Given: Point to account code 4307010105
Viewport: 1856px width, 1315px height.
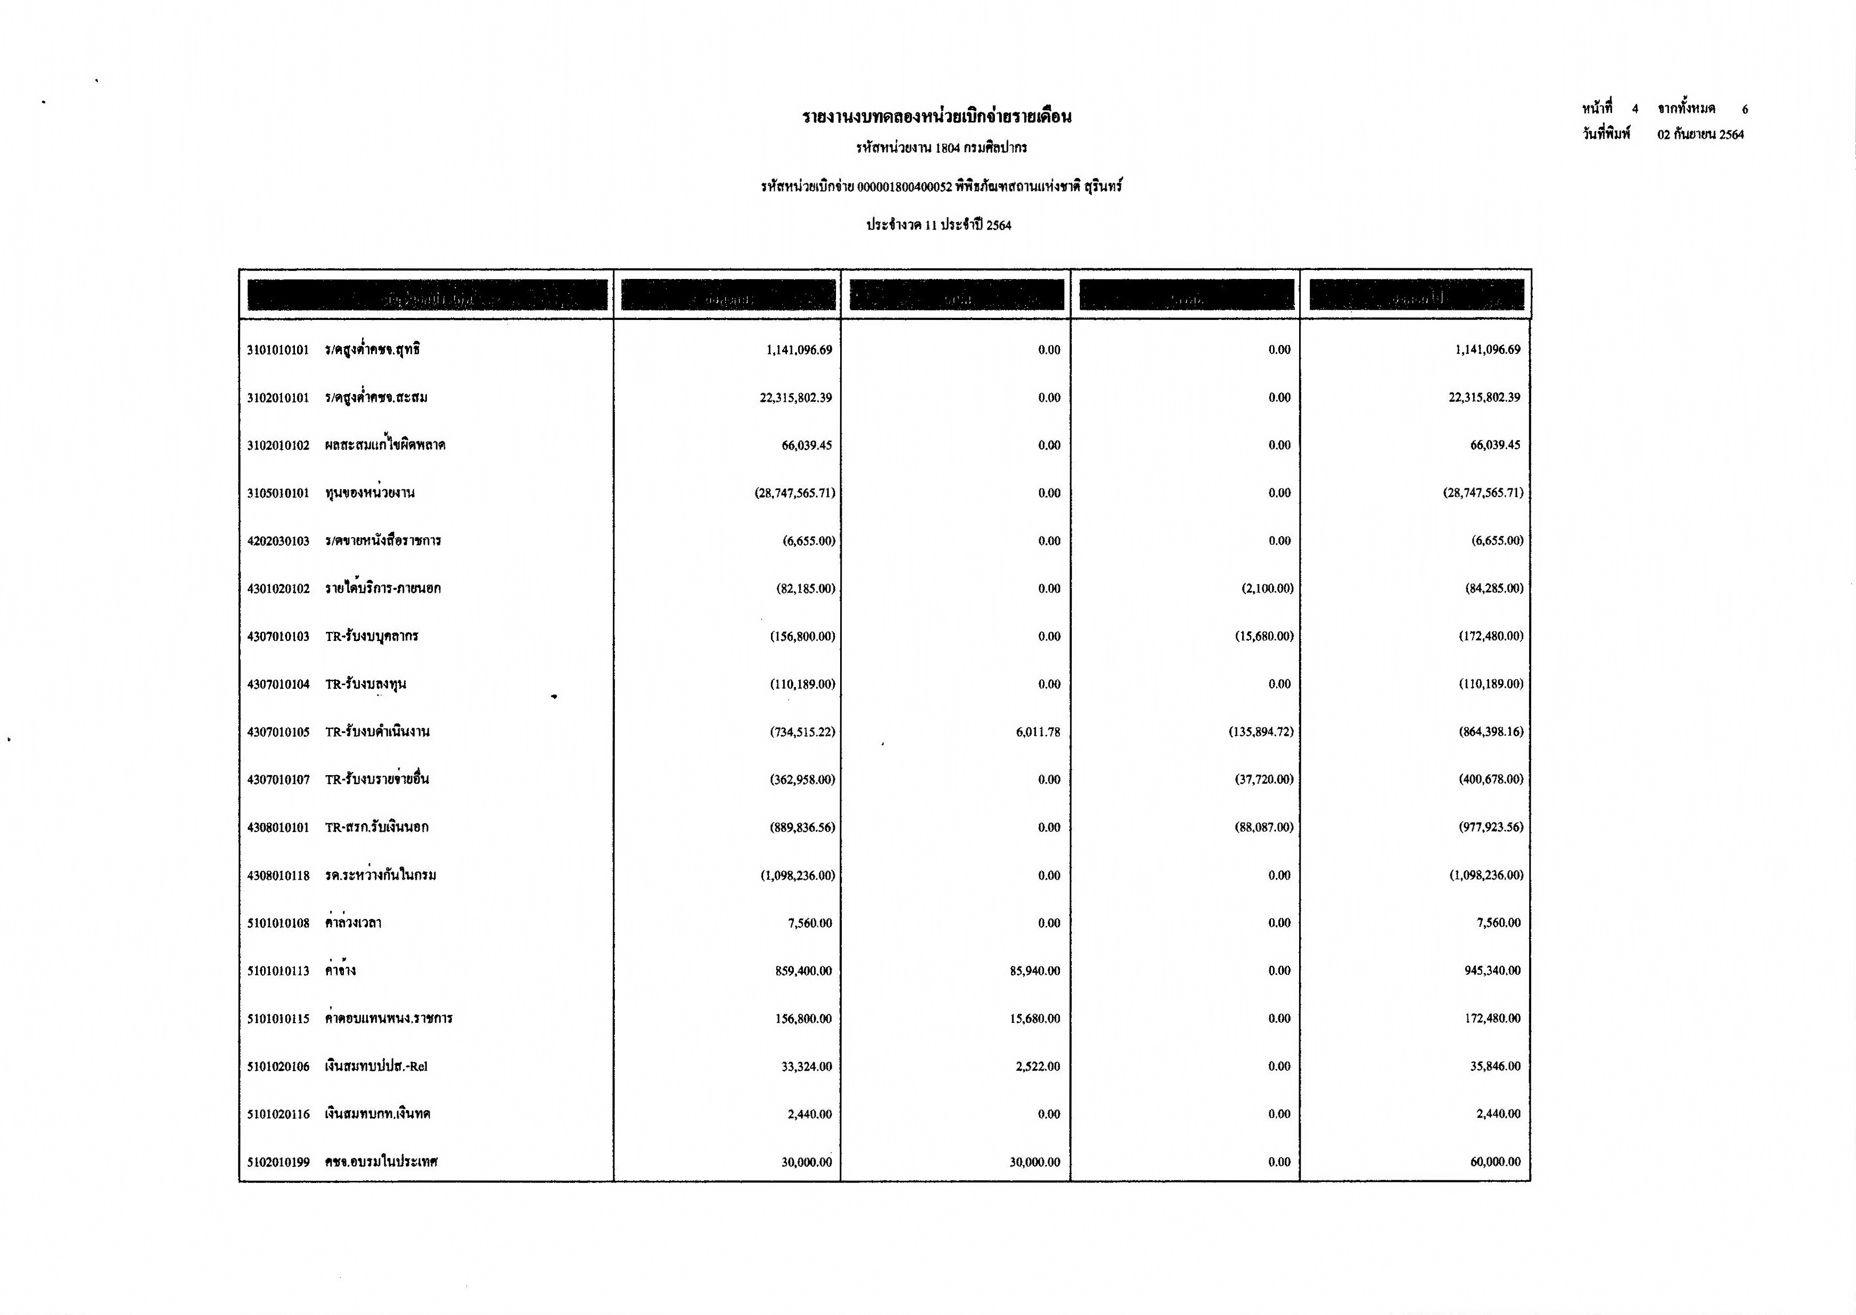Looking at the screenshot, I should point(278,733).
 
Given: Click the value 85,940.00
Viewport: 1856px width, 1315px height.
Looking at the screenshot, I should point(1035,971).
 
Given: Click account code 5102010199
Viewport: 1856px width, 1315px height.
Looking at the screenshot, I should point(278,1163).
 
